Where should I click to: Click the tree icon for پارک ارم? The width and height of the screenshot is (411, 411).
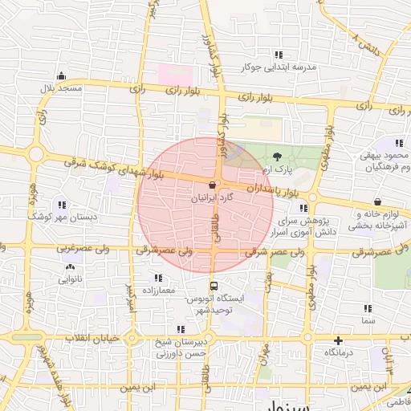277,157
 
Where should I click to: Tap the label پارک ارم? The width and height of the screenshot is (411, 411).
277,171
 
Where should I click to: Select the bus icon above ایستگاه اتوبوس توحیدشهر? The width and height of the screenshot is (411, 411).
213,285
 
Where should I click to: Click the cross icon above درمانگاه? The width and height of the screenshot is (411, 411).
339,340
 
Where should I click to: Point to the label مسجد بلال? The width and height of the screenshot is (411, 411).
63,87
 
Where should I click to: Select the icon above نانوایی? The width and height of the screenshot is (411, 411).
70,267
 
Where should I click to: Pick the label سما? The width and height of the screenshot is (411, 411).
368,320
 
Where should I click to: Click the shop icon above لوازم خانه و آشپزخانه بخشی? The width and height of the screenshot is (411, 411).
376,201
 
